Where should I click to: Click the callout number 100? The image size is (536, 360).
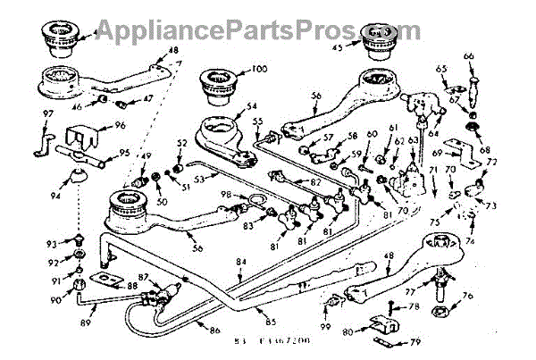pos(259,69)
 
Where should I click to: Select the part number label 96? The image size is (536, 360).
pos(119,127)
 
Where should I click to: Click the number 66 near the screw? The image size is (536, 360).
pos(468,57)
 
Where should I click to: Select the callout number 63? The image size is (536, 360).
pos(414,139)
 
